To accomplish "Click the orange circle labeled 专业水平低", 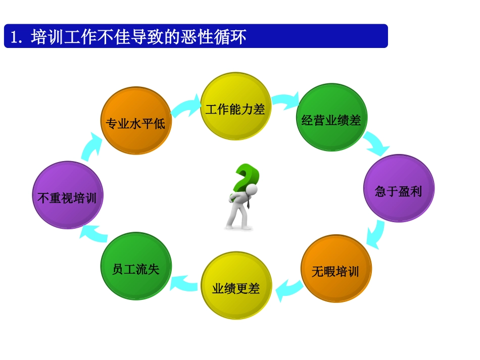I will (136, 121).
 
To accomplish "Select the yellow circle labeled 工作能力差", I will (235, 107).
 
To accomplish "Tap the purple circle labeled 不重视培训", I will (67, 195).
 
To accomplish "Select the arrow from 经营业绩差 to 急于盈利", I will (377, 143).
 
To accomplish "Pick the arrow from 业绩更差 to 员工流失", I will (184, 283).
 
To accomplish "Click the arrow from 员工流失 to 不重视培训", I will (95, 234).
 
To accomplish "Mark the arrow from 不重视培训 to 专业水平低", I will (92, 145).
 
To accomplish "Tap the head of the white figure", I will (251, 189).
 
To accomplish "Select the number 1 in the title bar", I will (14, 37).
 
